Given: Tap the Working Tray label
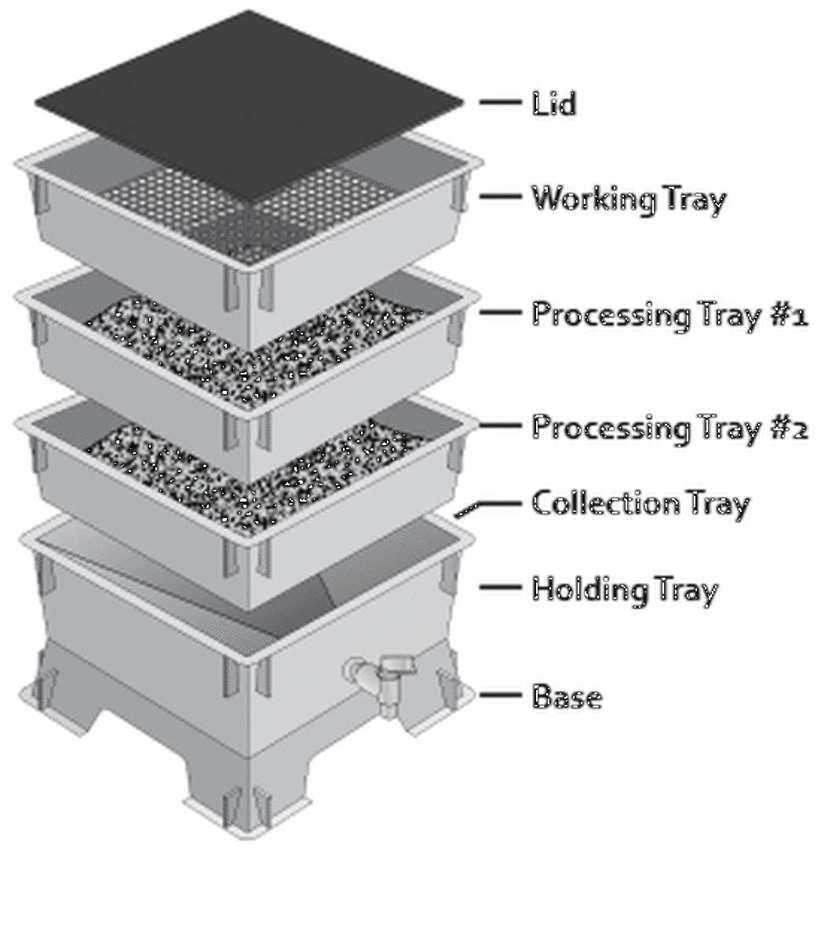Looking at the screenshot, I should coord(628,199).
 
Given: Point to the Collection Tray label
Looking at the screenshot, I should coord(640,503).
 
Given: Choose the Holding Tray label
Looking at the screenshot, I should coord(624,589).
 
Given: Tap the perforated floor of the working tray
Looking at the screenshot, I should coord(235,212).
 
